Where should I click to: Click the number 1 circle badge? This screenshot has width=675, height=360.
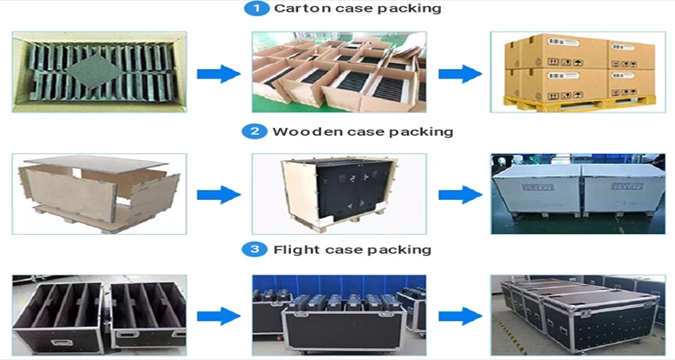tap(256, 9)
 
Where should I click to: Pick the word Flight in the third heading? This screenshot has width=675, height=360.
tap(295, 249)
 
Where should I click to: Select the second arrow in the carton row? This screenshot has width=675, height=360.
tap(461, 74)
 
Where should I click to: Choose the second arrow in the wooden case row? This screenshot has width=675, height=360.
tap(461, 194)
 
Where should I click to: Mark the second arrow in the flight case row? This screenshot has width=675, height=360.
tap(461, 315)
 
